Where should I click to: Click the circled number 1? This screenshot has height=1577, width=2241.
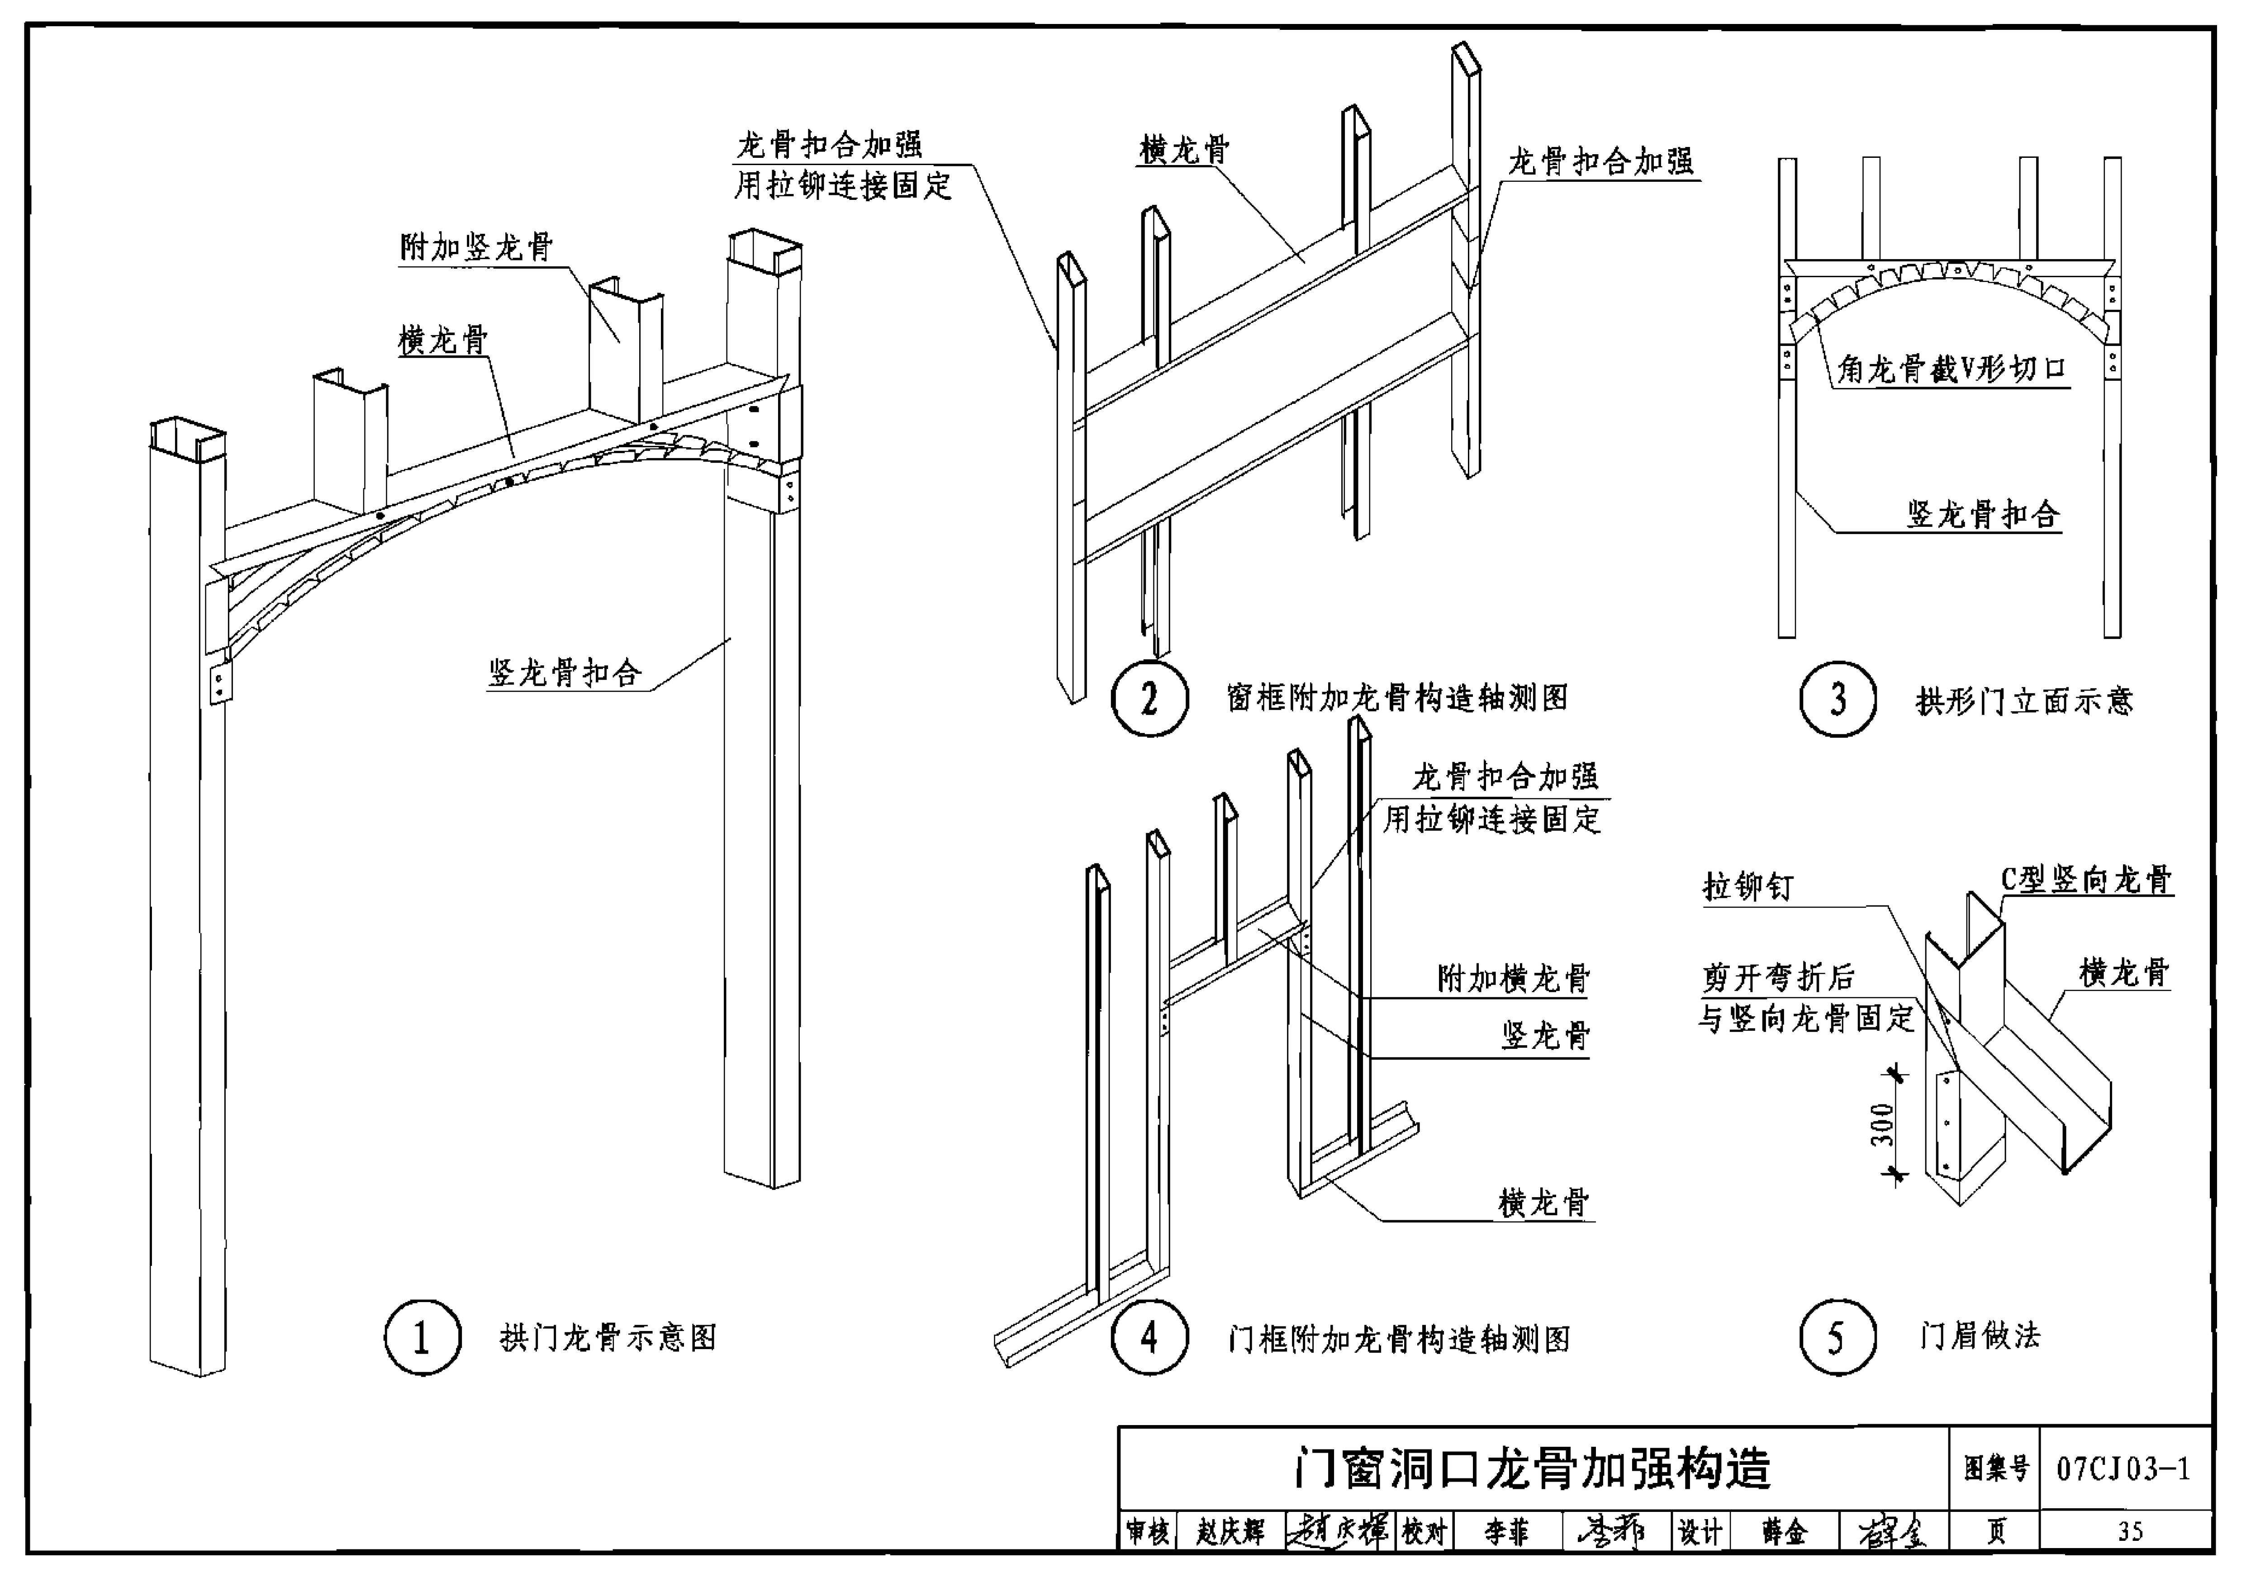(x=422, y=1337)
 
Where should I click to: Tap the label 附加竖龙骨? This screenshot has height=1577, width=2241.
(x=476, y=247)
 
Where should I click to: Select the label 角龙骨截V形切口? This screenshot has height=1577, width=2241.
(x=1952, y=369)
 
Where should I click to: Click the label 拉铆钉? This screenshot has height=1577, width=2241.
(x=1747, y=886)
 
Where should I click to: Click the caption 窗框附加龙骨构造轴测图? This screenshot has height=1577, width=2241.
(x=1398, y=698)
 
